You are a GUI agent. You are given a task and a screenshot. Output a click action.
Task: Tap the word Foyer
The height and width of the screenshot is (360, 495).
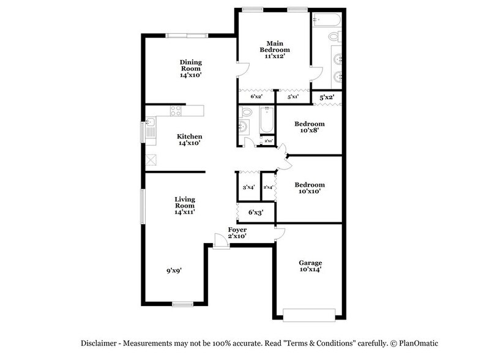237,230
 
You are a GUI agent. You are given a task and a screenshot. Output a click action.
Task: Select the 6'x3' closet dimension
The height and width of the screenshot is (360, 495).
256,212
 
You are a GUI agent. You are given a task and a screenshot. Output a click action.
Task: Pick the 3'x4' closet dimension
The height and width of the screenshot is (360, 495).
248,187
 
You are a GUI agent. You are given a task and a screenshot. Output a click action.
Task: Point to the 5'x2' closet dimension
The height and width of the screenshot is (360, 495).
326,97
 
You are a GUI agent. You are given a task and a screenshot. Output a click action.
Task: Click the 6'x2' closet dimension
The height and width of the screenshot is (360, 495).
256,97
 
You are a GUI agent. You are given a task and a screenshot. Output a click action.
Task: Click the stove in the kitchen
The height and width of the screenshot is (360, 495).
176,111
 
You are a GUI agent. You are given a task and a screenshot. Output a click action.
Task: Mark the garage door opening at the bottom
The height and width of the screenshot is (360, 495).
309,315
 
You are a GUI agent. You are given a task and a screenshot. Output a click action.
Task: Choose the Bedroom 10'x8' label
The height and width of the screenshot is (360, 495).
310,127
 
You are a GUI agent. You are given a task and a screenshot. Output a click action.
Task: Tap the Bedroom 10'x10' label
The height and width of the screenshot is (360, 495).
310,187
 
